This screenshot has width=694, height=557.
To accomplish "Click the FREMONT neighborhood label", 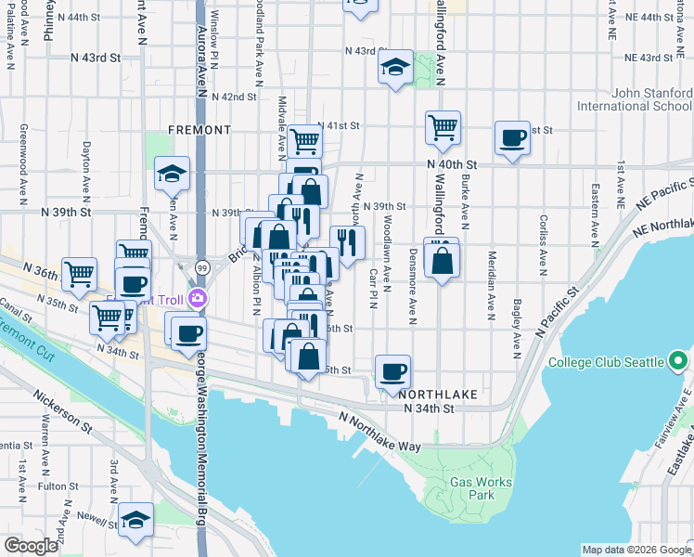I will pos(199,130).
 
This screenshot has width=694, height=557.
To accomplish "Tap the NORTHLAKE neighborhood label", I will pos(441,394).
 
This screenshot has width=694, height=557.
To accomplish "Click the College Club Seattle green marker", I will pos(678,362).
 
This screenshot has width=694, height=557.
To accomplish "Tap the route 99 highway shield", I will pos(201,267).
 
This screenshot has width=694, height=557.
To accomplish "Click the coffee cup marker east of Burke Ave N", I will pos(511,138).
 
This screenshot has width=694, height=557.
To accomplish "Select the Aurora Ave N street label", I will pos(200,66).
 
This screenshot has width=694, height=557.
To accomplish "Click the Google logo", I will pos(31,546).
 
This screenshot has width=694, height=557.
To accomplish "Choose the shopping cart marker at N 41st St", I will pos(303,142).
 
